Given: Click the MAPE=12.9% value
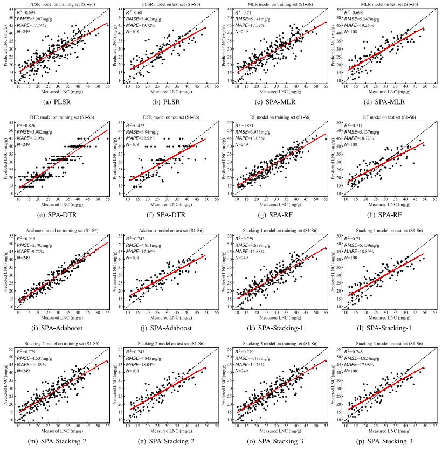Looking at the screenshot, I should [30, 138].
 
